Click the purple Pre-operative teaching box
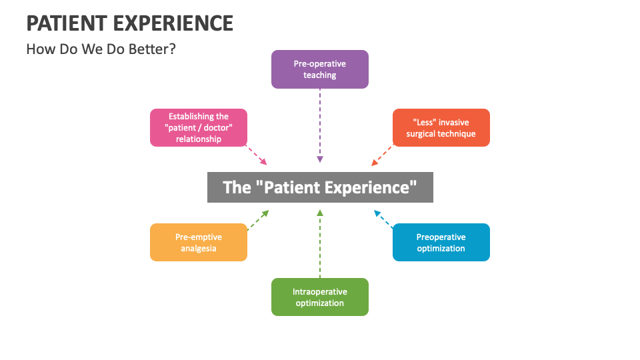tap(320, 69)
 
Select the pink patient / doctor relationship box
tap(199, 127)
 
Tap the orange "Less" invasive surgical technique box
tap(441, 127)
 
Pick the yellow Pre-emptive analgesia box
tap(199, 242)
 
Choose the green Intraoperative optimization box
tap(320, 297)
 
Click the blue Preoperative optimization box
tap(441, 242)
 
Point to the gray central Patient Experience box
tap(320, 187)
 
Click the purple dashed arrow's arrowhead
tap(320, 160)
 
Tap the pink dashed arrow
tap(257, 155)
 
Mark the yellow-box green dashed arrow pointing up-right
tap(258, 220)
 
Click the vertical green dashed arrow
tap(320, 243)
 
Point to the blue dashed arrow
tap(383, 219)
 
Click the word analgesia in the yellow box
tap(199, 249)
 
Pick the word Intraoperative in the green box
tap(320, 291)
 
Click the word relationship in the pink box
tap(199, 139)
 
